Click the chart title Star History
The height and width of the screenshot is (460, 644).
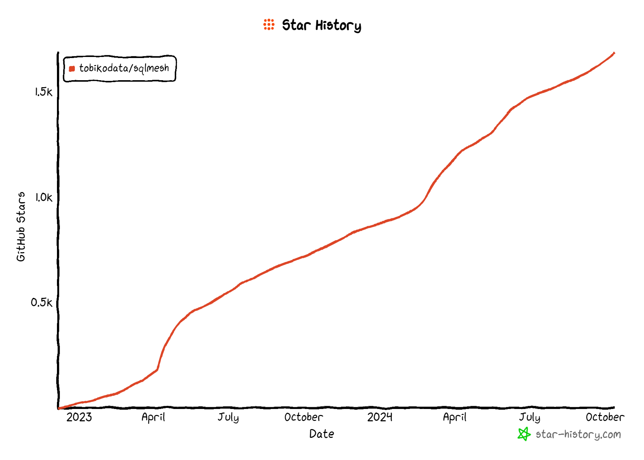[321, 25]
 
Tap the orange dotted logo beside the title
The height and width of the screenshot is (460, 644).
[269, 25]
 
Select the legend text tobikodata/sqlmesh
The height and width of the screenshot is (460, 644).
[124, 68]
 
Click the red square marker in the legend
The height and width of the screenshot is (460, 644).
[72, 69]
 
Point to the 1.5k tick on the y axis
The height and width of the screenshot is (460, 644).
[43, 92]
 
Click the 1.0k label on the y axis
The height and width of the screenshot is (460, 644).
[43, 197]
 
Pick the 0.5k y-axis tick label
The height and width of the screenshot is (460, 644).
[41, 302]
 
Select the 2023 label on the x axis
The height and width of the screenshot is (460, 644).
[79, 417]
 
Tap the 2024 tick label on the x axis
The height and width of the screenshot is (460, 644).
[380, 417]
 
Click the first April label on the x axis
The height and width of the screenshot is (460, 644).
[153, 417]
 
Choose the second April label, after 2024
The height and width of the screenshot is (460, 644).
[455, 417]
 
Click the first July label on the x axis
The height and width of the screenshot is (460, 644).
[228, 417]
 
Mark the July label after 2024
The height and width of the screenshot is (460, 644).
[530, 417]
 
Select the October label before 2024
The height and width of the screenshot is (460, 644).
[303, 417]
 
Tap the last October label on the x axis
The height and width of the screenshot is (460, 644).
[605, 417]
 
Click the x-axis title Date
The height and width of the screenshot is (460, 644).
[322, 434]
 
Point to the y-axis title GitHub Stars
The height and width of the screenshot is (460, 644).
[21, 226]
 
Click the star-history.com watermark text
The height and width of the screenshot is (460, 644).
[578, 435]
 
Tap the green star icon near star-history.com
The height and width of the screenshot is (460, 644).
[524, 434]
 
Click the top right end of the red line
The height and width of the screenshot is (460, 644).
[614, 53]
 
